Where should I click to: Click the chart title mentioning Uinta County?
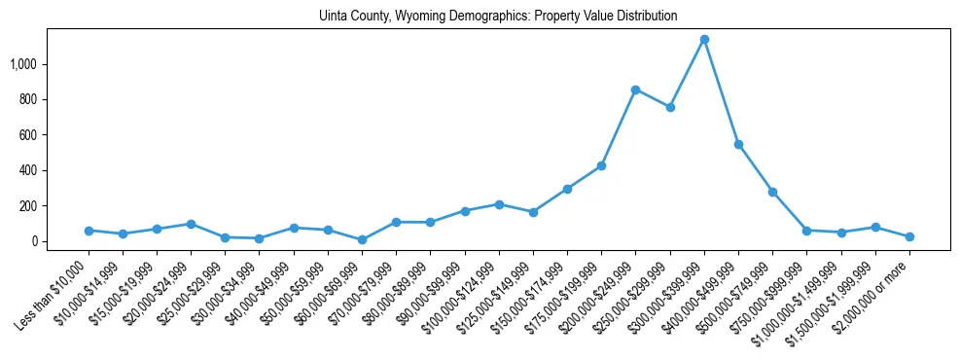(498, 17)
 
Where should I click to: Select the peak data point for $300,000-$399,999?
(704, 40)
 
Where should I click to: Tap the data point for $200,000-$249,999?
(635, 90)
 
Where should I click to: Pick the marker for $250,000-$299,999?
(670, 107)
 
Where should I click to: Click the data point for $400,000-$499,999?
(738, 144)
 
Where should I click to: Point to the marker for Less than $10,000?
(89, 231)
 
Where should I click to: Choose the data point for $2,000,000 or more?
(909, 236)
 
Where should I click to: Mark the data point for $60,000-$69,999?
(362, 239)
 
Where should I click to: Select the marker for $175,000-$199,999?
(601, 165)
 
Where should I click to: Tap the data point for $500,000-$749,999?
(772, 192)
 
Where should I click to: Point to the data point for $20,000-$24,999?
(191, 224)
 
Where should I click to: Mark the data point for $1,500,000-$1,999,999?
(875, 227)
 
